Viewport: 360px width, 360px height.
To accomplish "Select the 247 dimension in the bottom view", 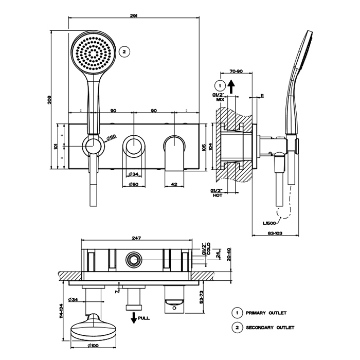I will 136,238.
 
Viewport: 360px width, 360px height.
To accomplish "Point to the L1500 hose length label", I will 269,223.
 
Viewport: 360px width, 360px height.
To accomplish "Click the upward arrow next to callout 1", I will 232,85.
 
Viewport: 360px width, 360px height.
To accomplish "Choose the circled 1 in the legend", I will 237,313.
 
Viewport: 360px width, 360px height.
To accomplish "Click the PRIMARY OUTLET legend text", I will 266,313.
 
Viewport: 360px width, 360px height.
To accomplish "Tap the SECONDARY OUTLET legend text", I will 271,327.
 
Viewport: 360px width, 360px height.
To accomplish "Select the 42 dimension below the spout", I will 173,184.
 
